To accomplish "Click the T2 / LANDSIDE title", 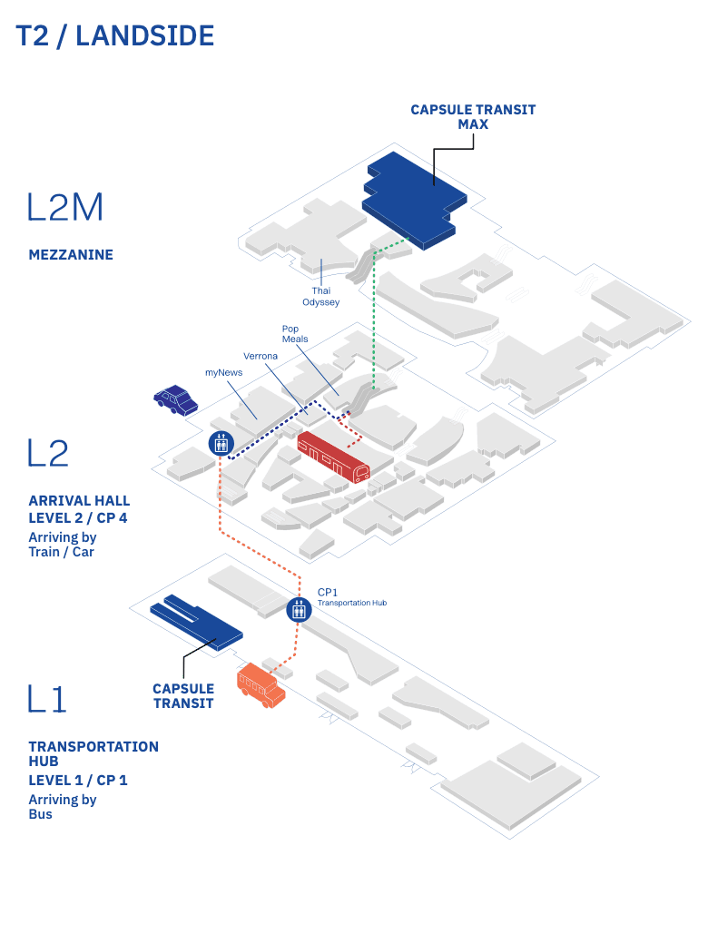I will (115, 35).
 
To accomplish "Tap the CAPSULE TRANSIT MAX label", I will (473, 116).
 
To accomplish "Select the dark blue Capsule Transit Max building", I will (413, 195).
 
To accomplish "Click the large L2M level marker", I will (65, 207).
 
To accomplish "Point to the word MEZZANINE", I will (71, 255).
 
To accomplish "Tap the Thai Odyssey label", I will (321, 296).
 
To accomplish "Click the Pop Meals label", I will (295, 333).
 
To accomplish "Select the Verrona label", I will (261, 356).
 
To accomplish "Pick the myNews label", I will (223, 372).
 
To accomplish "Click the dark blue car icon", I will (176, 399).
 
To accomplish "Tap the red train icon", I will (334, 457).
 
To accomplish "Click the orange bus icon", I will (261, 685).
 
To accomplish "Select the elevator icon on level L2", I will (221, 443).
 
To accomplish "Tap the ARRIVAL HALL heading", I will (79, 501).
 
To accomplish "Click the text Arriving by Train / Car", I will (63, 545).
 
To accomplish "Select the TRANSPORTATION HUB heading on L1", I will (93, 754).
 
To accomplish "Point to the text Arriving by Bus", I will (63, 807).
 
